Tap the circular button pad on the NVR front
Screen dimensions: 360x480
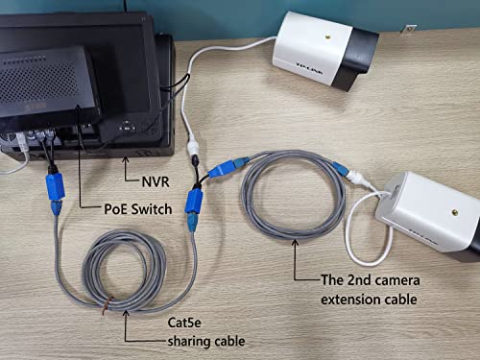pos(126,125)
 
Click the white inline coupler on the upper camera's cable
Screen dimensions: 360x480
pos(192,144)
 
